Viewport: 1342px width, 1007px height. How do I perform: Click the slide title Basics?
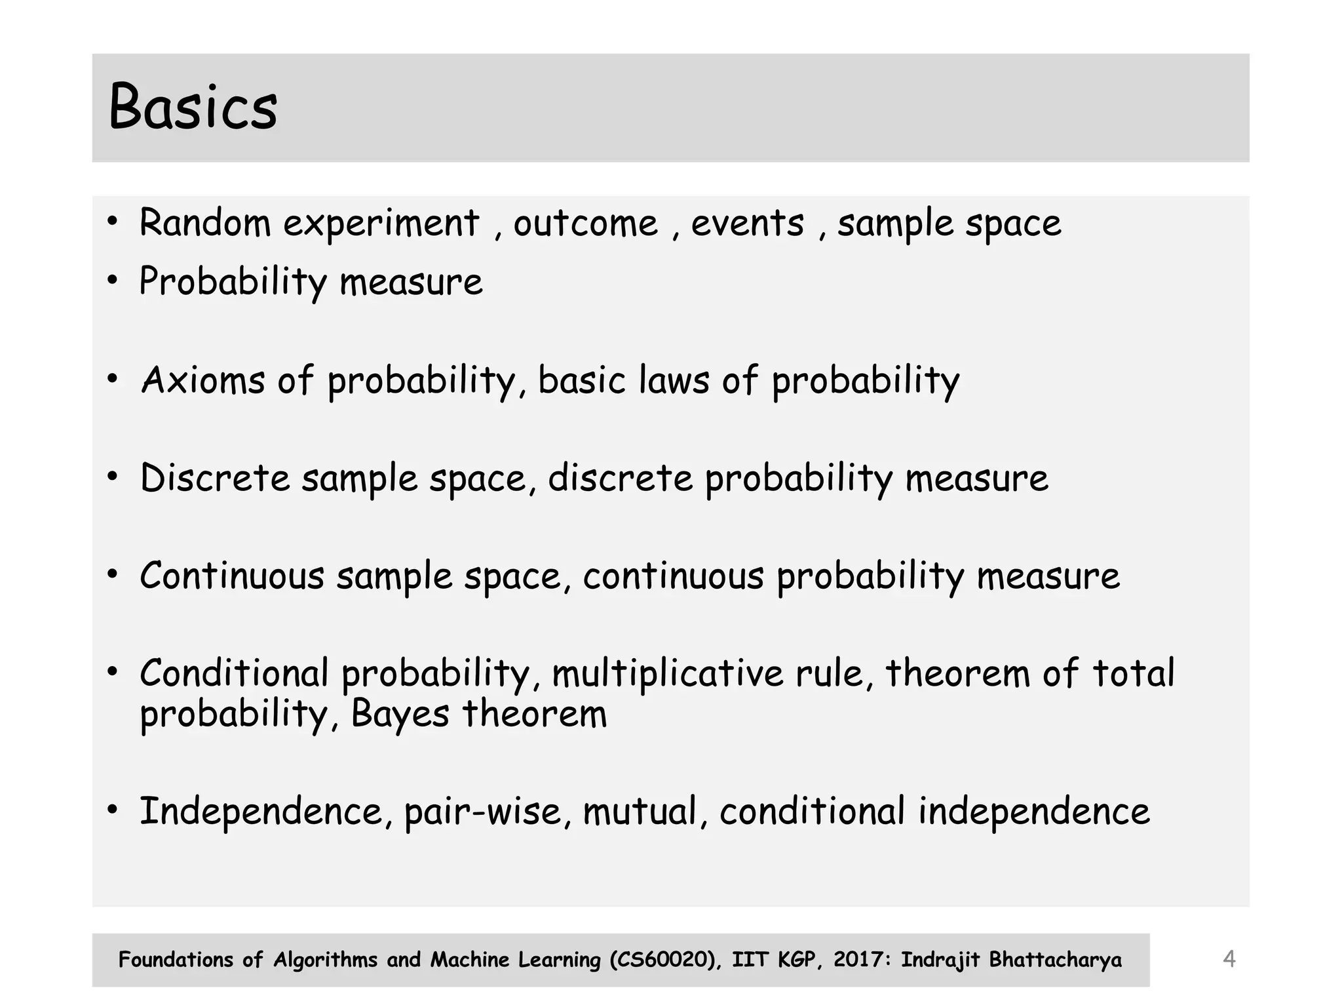[x=193, y=107]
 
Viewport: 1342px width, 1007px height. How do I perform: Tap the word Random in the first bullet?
[x=204, y=223]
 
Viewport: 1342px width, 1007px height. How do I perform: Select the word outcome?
[x=585, y=224]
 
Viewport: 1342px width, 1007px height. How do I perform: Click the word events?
[x=747, y=224]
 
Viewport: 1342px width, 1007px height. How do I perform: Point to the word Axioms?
[x=203, y=380]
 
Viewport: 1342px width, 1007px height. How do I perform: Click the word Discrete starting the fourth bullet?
[x=214, y=478]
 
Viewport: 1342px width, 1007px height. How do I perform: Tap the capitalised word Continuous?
[x=232, y=576]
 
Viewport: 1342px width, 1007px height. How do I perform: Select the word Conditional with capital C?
[x=234, y=673]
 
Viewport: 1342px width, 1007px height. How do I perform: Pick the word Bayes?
[x=400, y=714]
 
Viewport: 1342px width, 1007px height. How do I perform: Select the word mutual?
[x=640, y=812]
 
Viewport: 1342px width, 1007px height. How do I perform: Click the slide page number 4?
[x=1229, y=959]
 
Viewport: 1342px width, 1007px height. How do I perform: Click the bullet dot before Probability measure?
[x=113, y=281]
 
